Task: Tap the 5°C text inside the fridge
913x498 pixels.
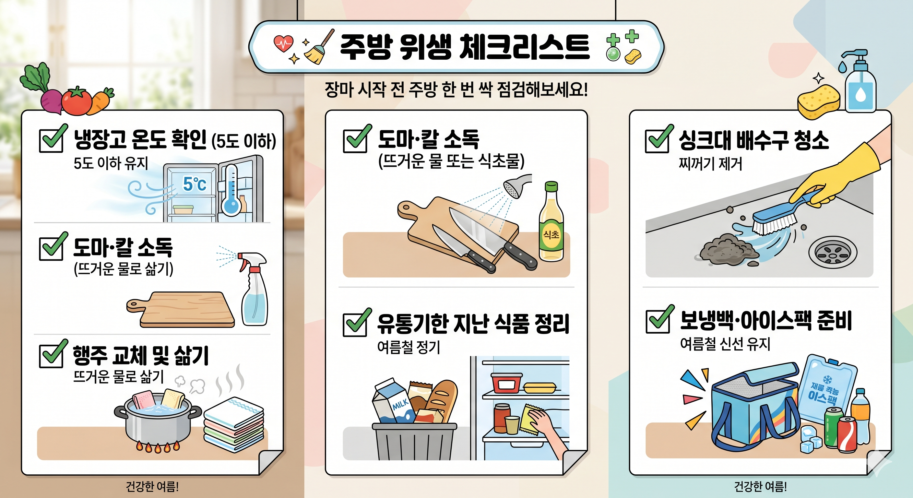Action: [194, 184]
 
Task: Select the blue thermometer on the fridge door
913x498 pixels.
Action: [231, 190]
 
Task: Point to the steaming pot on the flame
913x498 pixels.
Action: [158, 422]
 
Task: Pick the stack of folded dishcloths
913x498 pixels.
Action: [233, 425]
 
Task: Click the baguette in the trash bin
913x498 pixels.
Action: [441, 400]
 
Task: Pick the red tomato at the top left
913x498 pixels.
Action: [77, 101]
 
